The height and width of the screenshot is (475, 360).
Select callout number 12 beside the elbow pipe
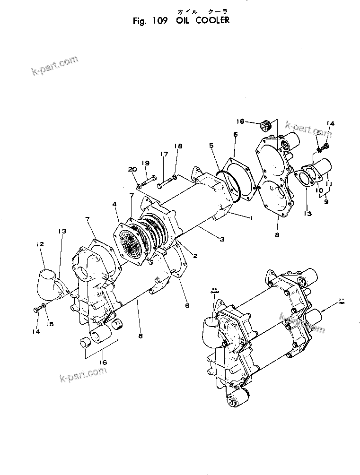point(40,244)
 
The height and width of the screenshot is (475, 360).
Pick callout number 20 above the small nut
point(132,169)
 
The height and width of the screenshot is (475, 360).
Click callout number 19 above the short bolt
point(146,163)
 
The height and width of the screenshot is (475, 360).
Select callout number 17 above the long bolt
point(164,154)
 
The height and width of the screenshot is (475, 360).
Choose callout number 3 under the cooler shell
point(221,240)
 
